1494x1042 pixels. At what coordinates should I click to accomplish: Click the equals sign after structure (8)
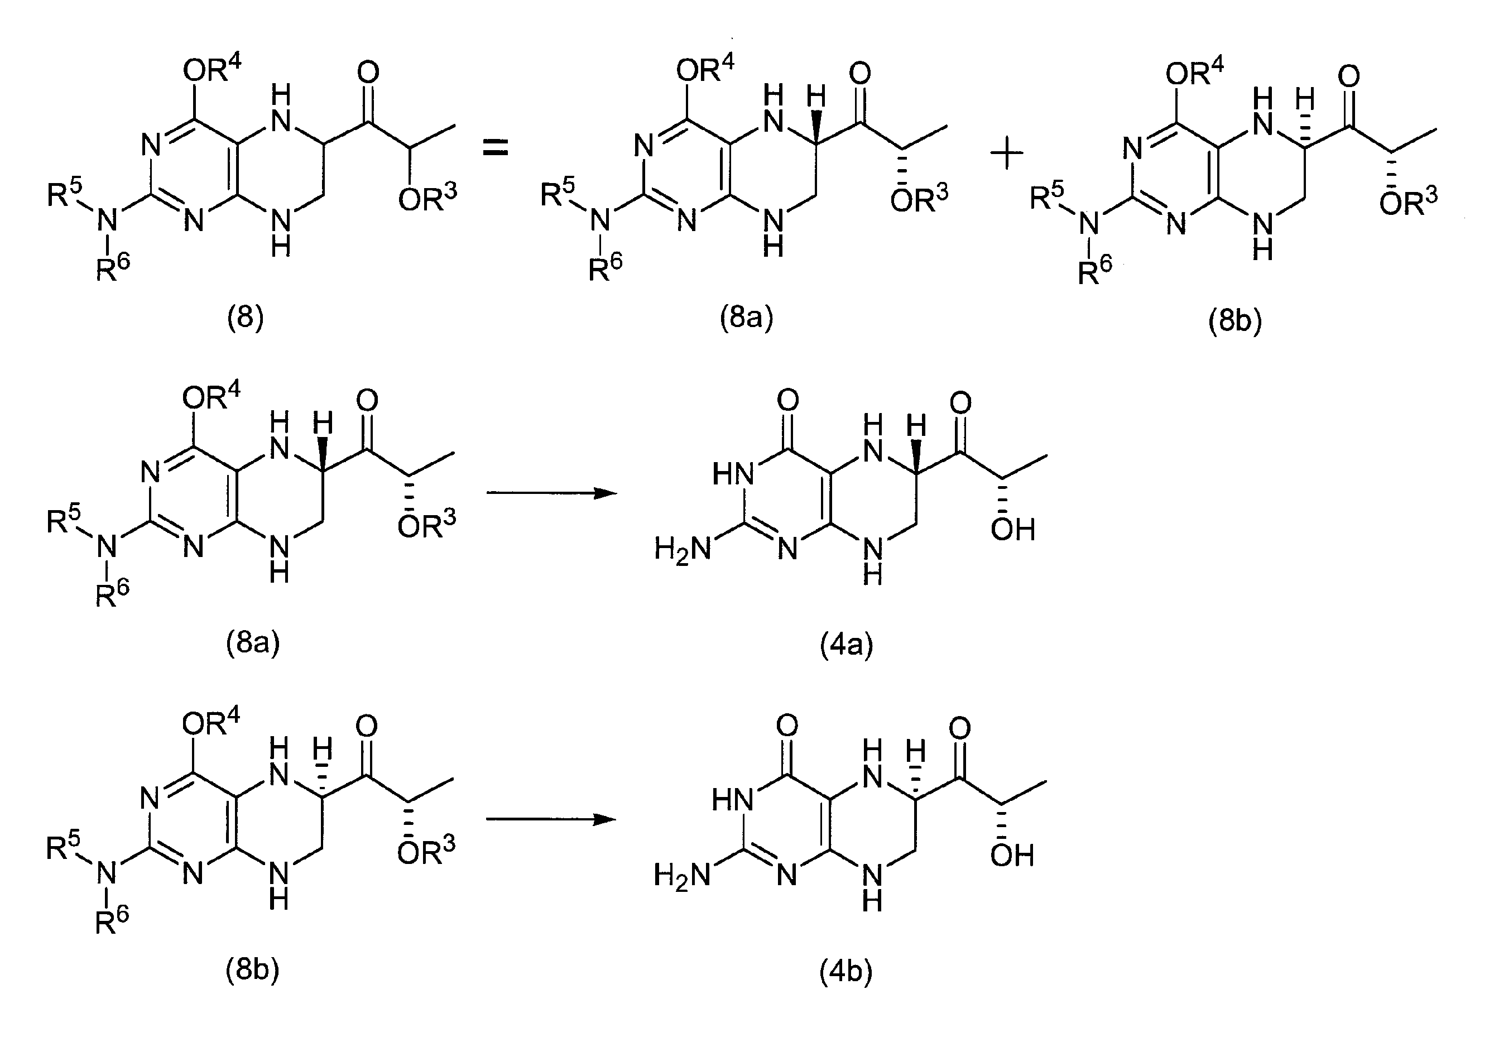[x=494, y=149]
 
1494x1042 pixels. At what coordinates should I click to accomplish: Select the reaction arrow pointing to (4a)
[x=552, y=493]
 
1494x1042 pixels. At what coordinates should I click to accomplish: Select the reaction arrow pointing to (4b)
[x=552, y=819]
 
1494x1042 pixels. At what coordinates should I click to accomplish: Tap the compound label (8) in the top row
[x=246, y=319]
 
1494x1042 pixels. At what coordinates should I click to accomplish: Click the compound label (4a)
[x=847, y=645]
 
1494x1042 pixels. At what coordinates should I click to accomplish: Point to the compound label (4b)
[x=846, y=972]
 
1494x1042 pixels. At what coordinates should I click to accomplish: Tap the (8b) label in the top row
[x=1235, y=321]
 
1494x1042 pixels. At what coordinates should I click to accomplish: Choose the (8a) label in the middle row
[x=253, y=643]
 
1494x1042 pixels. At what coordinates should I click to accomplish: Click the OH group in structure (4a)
[x=1012, y=530]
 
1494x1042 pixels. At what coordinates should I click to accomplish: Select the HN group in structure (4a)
[x=733, y=474]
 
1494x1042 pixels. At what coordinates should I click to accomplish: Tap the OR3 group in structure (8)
[x=427, y=199]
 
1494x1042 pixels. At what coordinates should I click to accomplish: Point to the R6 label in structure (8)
[x=113, y=267]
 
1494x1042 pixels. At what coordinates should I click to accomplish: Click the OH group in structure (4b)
[x=1012, y=856]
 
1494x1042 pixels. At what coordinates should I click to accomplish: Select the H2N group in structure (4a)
[x=683, y=549]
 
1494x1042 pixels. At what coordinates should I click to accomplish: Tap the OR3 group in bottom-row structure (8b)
[x=426, y=851]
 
